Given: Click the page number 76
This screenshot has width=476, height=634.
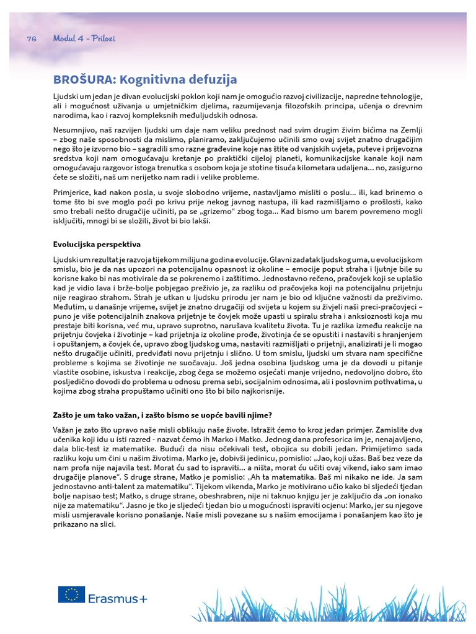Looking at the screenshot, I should [32, 38].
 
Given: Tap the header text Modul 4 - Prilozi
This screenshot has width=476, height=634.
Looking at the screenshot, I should [84, 38].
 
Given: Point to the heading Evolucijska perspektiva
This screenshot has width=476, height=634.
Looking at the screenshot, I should [97, 244].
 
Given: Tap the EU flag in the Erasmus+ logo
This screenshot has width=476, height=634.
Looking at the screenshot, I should [71, 594].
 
